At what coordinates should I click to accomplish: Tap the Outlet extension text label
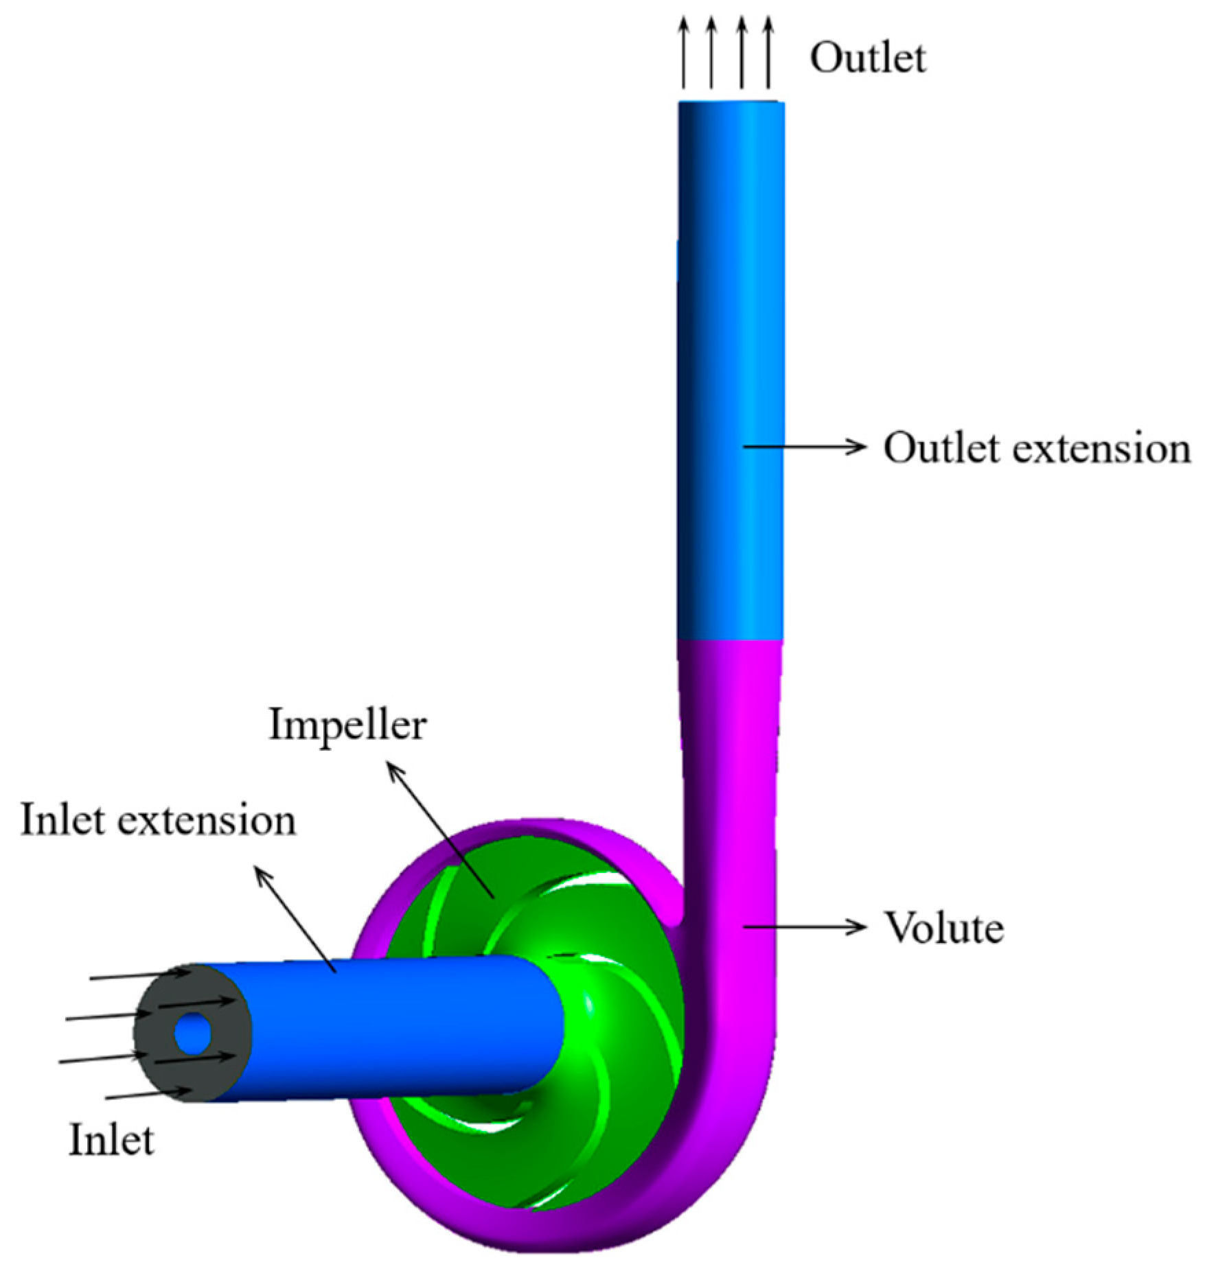tap(1035, 448)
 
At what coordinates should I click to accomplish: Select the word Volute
tap(943, 928)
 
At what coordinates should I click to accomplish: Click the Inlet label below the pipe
tap(111, 1140)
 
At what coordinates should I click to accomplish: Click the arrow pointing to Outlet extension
tap(803, 447)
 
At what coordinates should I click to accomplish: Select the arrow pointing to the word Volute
tap(803, 927)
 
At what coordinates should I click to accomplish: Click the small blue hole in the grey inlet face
tap(193, 1033)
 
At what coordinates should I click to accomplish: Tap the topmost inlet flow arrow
tap(137, 975)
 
